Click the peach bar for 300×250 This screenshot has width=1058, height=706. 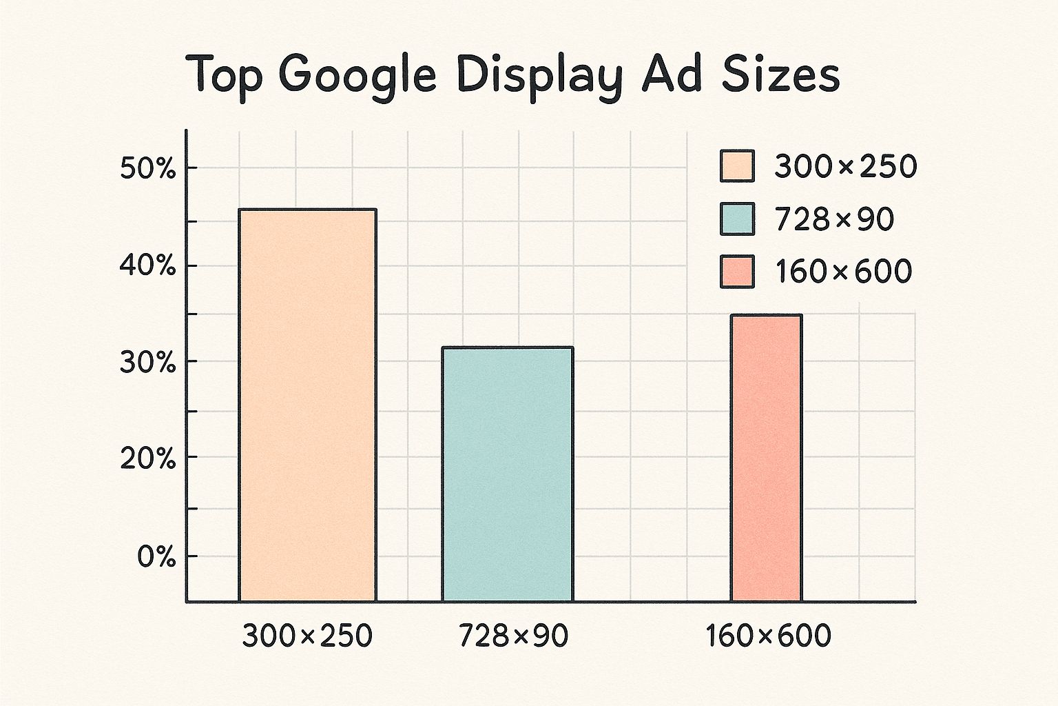[x=307, y=405]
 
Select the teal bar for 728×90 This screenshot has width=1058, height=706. [x=507, y=474]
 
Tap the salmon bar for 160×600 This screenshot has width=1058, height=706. [x=766, y=458]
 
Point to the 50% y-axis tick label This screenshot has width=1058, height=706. [x=148, y=169]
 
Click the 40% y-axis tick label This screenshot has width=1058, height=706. [x=148, y=266]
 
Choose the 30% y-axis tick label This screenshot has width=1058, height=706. [x=148, y=363]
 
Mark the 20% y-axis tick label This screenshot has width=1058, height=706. [x=148, y=458]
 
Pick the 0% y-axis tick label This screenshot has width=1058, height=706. [x=156, y=557]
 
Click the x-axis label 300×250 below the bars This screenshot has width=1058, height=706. [x=307, y=636]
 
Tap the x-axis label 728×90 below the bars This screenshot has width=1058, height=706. [x=513, y=636]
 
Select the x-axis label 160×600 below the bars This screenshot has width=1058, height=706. [x=768, y=636]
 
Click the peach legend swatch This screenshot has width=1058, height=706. [x=737, y=166]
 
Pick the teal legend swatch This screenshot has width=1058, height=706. [x=737, y=219]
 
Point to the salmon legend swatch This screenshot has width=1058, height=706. [x=737, y=272]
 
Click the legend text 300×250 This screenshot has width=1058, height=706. [x=846, y=167]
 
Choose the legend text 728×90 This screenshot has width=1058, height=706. [x=834, y=219]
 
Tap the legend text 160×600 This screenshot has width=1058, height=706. [x=844, y=272]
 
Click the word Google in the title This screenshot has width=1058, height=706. [x=359, y=76]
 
